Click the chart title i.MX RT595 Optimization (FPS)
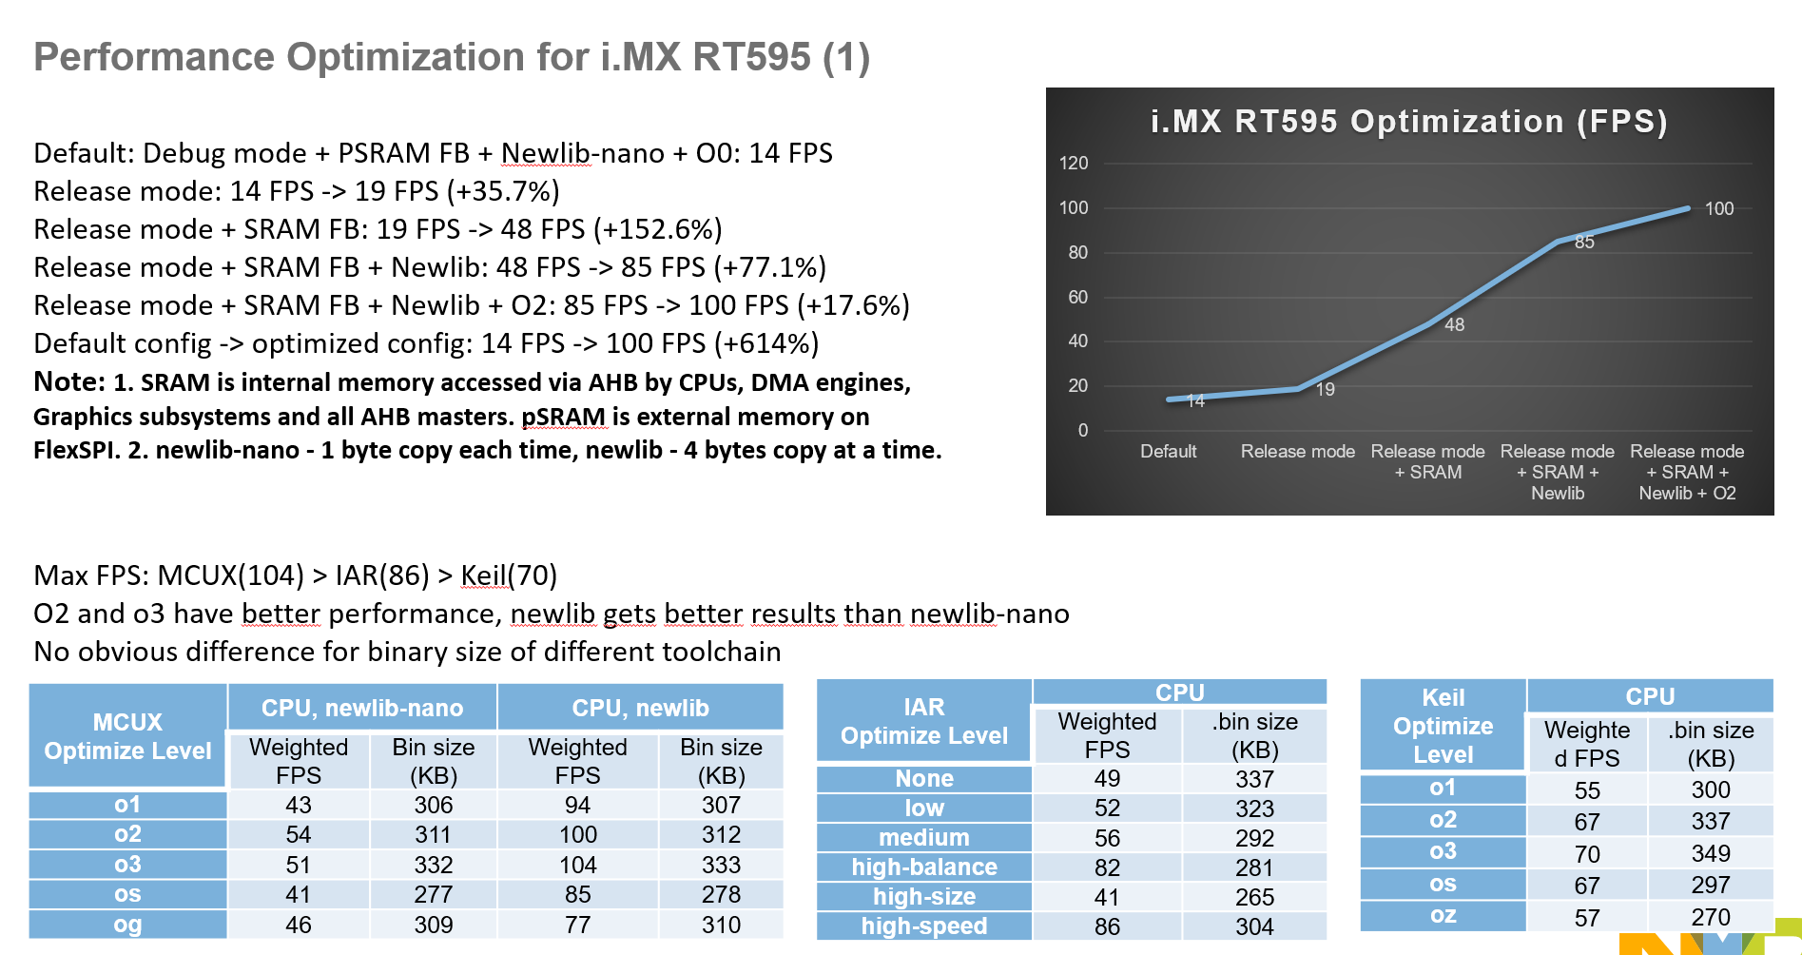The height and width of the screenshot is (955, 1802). tap(1408, 122)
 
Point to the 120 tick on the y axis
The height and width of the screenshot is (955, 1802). tap(1074, 163)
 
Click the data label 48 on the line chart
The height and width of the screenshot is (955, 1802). tap(1454, 324)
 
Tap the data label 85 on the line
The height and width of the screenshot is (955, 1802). tap(1584, 242)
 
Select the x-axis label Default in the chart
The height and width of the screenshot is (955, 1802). tap(1168, 452)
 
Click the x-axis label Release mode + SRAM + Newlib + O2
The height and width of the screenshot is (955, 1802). tap(1687, 472)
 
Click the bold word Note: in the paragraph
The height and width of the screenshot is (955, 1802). tap(69, 382)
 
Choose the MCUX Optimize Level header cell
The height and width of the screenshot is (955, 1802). tap(127, 736)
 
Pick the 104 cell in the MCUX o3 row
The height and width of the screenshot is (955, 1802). tap(577, 865)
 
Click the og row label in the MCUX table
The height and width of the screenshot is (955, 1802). tap(127, 925)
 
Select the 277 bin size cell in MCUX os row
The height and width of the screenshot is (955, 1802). tap(433, 894)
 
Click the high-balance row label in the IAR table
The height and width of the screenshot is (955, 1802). tap(923, 867)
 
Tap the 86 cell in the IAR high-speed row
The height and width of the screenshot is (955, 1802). tap(1107, 926)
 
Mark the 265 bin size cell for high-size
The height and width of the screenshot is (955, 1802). tap(1254, 897)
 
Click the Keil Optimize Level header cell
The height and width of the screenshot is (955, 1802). tap(1443, 726)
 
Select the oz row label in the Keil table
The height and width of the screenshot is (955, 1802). tap(1443, 915)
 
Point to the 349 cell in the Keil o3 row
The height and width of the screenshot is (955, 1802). tap(1710, 853)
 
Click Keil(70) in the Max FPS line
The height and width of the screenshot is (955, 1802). tap(509, 575)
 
